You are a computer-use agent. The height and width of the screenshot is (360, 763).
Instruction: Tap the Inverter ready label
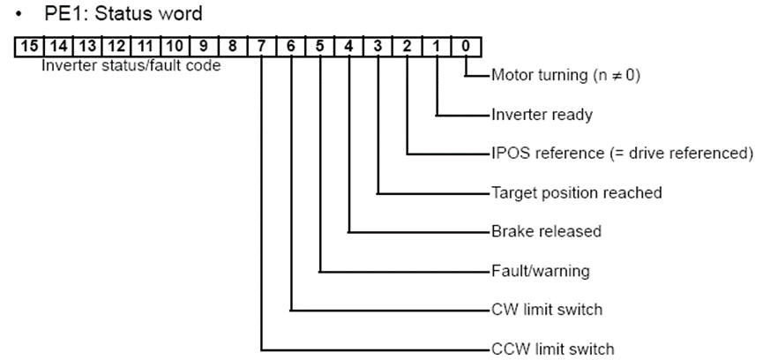point(541,115)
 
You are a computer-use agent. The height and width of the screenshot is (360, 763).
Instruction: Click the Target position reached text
point(575,192)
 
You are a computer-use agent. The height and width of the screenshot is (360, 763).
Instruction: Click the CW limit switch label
point(547,310)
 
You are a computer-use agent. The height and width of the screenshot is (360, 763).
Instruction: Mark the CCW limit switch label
point(552,349)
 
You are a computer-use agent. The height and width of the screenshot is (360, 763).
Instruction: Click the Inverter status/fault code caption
point(131,65)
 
